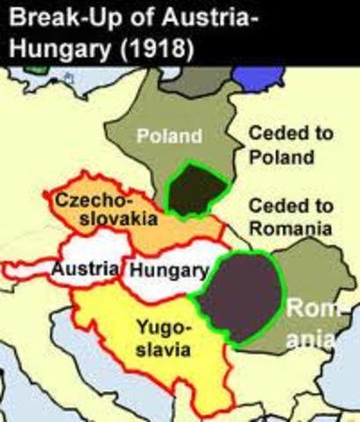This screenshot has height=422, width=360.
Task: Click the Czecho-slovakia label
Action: pyautogui.click(x=96, y=212)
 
